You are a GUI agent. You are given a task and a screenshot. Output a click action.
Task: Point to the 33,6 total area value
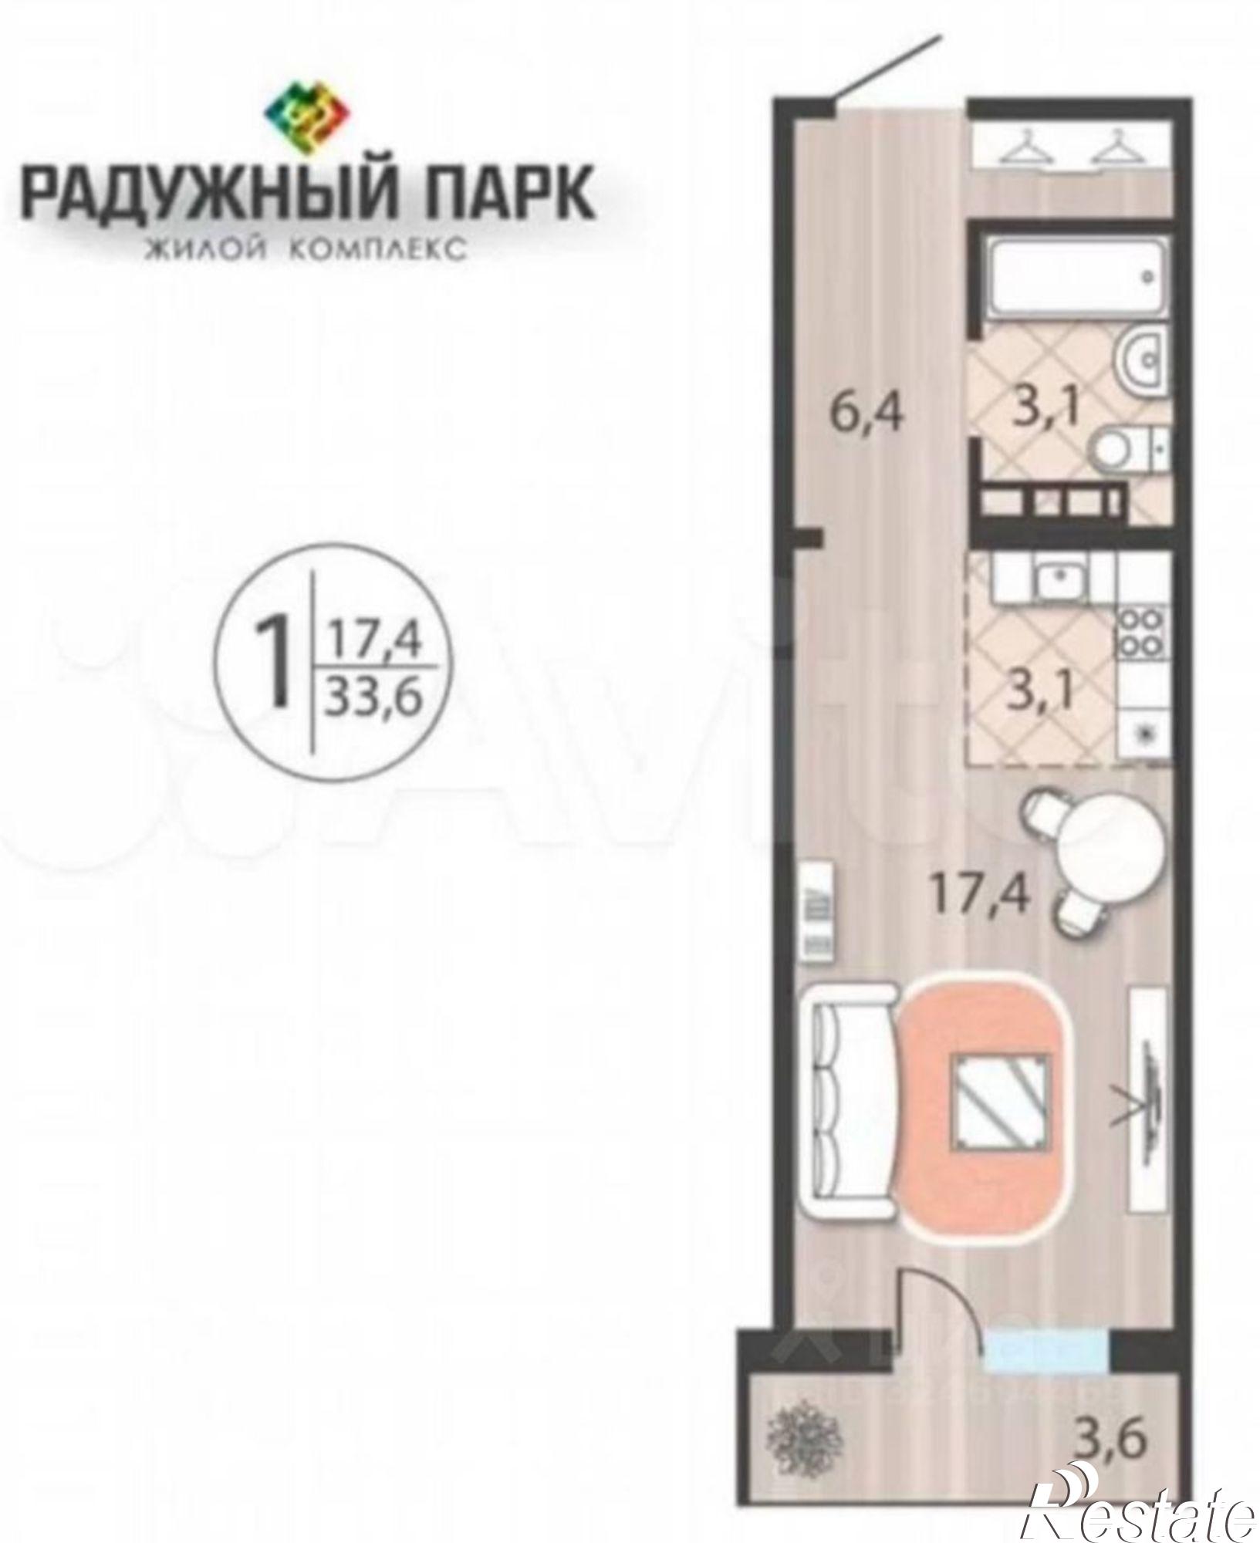[x=376, y=701]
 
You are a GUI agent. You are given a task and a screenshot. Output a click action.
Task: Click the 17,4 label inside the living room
[x=979, y=895]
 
